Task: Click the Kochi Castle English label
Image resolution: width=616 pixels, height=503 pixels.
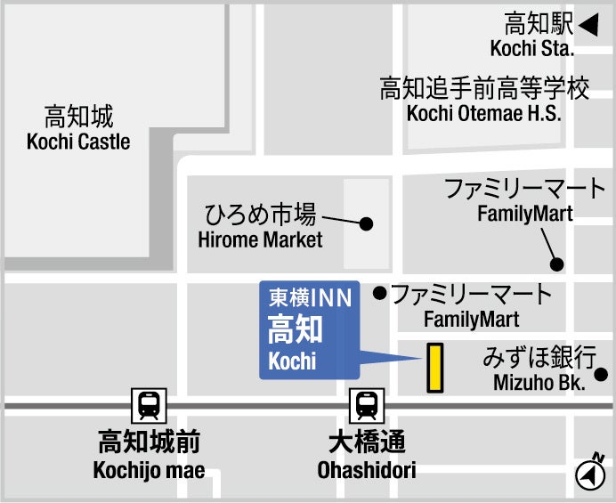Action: point(78,142)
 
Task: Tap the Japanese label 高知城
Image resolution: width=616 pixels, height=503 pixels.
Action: point(79,116)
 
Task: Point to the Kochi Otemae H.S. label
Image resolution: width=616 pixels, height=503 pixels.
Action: point(484,113)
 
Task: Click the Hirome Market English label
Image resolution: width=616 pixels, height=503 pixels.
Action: point(260,239)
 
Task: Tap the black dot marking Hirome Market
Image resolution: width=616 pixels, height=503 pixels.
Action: point(365,223)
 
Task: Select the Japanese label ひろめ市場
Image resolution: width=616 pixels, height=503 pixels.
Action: point(260,215)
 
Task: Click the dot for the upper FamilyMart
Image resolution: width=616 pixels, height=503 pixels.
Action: point(557,264)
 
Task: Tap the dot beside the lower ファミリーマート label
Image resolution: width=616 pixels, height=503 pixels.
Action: point(380,292)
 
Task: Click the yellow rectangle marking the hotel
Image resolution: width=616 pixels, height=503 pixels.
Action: point(435,368)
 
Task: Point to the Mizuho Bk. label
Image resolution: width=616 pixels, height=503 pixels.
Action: point(539,384)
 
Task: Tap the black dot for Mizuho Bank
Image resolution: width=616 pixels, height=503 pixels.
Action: point(602,374)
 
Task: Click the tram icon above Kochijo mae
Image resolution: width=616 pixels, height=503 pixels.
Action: point(149,406)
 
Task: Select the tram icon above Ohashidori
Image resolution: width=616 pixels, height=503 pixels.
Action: point(366,406)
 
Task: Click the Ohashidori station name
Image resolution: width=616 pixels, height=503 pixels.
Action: point(366,470)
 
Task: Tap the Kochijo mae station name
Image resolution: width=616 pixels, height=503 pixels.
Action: point(149,470)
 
